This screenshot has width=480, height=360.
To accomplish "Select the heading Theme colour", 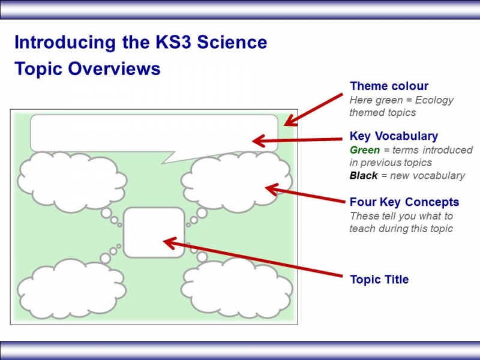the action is click(x=389, y=86).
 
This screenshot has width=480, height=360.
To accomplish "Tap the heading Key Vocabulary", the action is click(x=394, y=136).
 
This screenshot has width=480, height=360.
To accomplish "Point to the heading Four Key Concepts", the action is click(x=404, y=202).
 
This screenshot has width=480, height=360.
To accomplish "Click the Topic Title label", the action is click(x=379, y=280).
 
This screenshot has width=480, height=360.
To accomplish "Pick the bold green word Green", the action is click(x=365, y=150).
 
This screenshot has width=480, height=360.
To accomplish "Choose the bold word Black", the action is click(x=364, y=176).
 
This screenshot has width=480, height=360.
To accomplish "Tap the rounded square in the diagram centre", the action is click(x=154, y=233).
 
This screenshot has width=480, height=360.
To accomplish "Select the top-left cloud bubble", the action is click(x=72, y=182).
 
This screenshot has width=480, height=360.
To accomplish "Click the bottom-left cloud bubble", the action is click(x=71, y=289).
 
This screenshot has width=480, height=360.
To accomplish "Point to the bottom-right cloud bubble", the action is click(x=236, y=289).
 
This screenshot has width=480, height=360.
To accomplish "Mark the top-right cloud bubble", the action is click(x=236, y=182).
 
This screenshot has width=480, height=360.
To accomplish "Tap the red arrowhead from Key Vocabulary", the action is click(x=258, y=141).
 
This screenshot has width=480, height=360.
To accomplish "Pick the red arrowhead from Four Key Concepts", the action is click(x=272, y=189).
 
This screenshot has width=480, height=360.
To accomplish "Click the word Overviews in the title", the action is click(x=114, y=68).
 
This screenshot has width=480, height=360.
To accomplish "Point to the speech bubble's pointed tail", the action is click(x=172, y=157).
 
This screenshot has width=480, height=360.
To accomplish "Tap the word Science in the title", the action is click(x=232, y=42).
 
